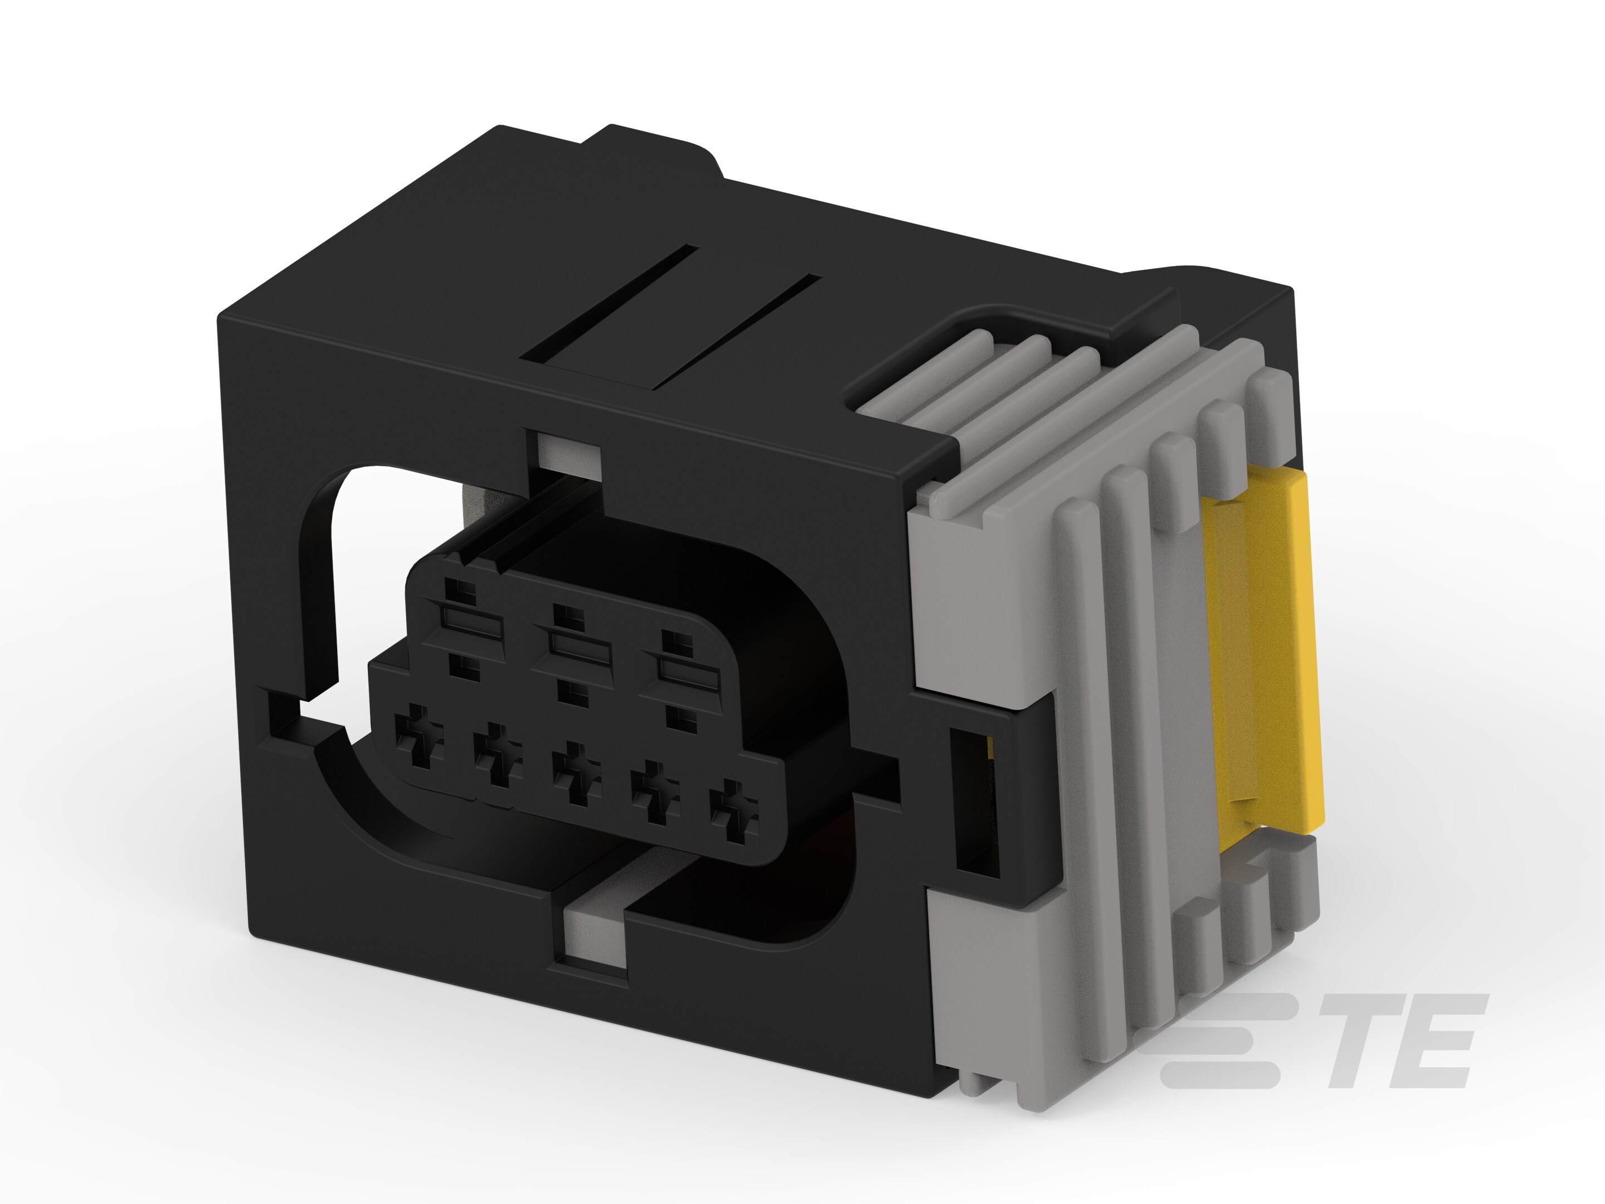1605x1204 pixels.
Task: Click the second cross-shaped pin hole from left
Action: [x=497, y=756]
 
